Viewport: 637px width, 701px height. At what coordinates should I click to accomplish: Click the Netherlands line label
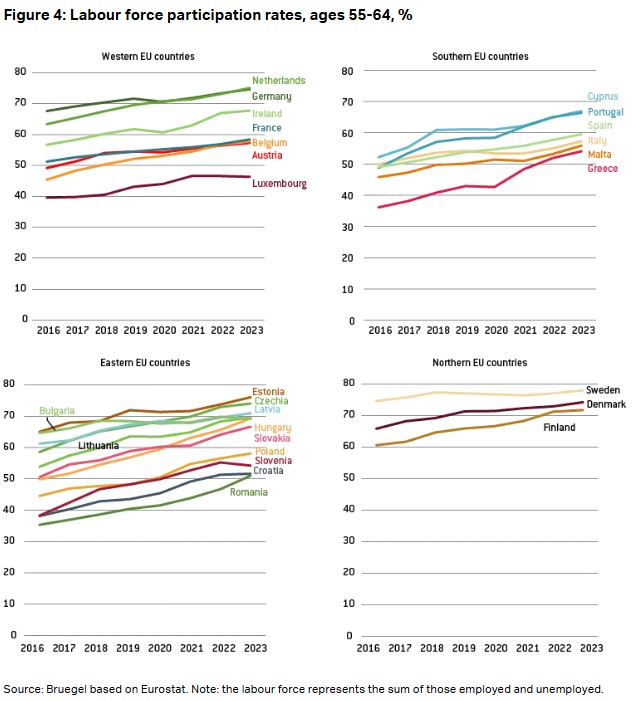pos(278,80)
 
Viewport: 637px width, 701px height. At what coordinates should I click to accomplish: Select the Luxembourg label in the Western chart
pos(279,184)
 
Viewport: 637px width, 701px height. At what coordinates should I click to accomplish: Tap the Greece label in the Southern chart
pos(602,169)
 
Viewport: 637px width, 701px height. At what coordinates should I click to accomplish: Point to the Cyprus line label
pos(602,97)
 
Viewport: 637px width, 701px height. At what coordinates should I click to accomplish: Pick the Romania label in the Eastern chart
pos(249,492)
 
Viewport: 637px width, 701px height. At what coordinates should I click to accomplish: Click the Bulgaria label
pos(57,411)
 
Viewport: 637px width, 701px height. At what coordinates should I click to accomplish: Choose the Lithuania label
pos(98,445)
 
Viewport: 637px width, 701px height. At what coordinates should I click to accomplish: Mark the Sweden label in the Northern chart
pos(602,390)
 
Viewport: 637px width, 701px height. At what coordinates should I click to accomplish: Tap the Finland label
pos(559,427)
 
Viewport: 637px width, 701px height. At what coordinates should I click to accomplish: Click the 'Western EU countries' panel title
pos(148,57)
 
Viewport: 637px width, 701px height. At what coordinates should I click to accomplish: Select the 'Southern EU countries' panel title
pos(481,57)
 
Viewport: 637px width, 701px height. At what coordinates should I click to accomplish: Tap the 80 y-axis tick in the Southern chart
pos(349,72)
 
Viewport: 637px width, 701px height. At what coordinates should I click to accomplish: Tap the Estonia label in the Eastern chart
pos(269,391)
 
